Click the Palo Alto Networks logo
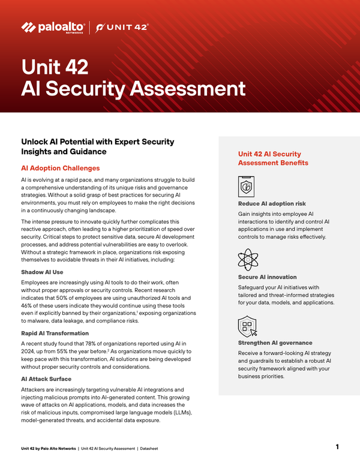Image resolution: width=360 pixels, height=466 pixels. [x=53, y=27]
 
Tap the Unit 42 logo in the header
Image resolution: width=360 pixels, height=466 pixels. [x=122, y=27]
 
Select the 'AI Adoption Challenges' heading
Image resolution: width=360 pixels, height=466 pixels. [x=60, y=169]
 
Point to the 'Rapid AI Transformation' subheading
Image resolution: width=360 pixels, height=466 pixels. [x=55, y=333]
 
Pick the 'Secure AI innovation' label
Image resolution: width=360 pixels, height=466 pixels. [x=267, y=277]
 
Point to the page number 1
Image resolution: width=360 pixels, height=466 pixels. [x=337, y=447]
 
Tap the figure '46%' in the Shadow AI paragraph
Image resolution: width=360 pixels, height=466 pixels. [x=28, y=305]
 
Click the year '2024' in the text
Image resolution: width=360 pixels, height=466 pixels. [x=28, y=351]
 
